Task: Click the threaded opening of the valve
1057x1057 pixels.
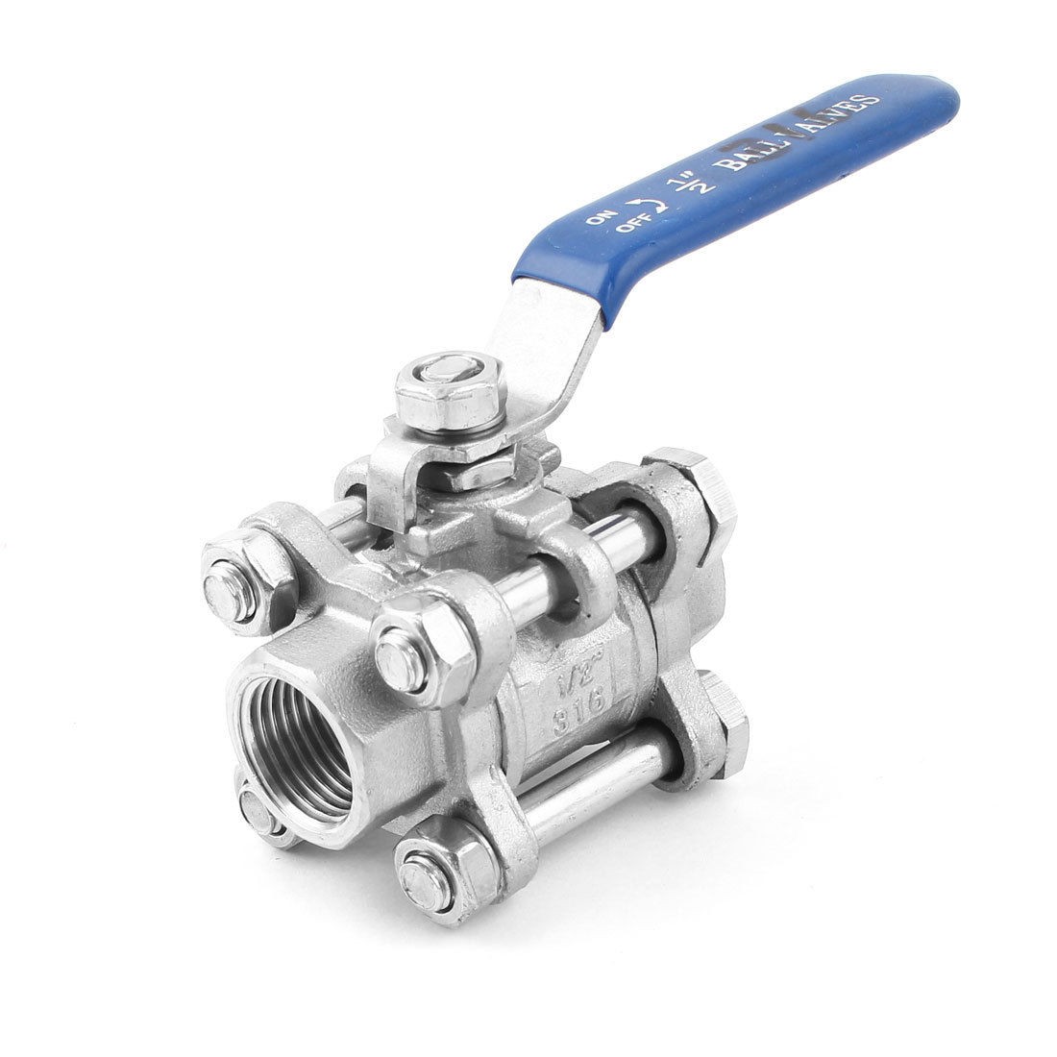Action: (x=292, y=740)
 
